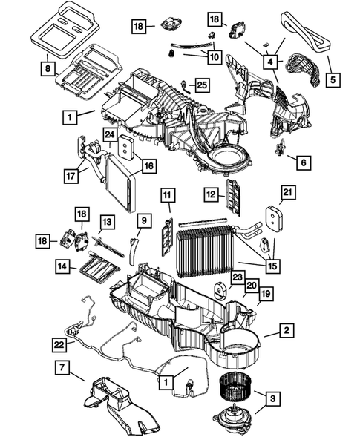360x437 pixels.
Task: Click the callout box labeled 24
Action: (109, 134)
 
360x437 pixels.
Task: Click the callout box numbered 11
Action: (168, 195)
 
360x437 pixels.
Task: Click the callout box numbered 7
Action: (62, 367)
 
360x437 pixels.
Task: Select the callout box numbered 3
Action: (274, 400)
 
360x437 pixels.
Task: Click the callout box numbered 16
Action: (148, 167)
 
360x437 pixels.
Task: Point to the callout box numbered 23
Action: (236, 278)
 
